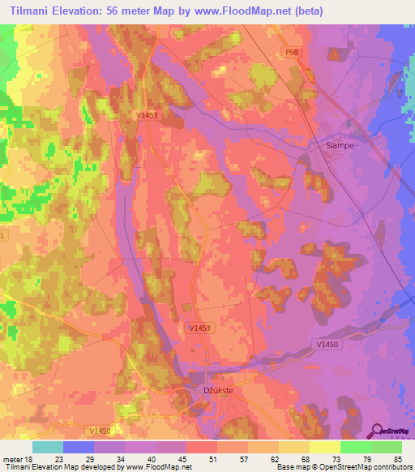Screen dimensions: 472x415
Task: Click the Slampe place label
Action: click(340, 145)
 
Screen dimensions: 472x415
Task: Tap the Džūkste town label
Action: click(217, 390)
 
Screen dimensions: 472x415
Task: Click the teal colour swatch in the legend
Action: click(48, 446)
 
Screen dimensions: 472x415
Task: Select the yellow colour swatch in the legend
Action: click(325, 446)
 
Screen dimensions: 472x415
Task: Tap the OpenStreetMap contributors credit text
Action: click(363, 467)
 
